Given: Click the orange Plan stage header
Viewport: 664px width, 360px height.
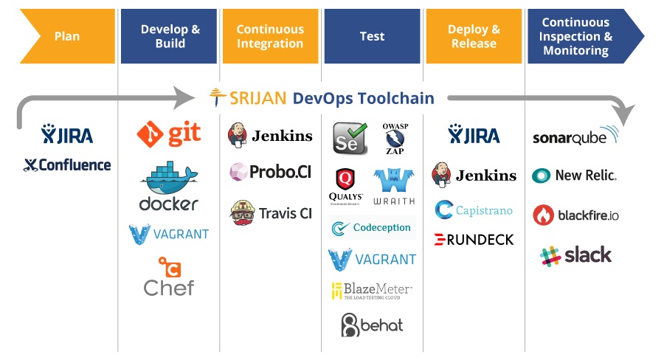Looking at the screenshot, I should coord(66,36).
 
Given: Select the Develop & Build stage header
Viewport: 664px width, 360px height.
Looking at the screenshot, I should coord(170,36).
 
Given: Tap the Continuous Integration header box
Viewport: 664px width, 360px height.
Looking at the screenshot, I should coord(270,36).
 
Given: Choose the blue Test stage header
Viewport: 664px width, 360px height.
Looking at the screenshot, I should coord(372,36).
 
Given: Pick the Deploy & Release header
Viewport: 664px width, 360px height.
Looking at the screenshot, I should coord(474,36).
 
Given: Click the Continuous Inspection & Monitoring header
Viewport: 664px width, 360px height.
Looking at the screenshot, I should coord(579,36).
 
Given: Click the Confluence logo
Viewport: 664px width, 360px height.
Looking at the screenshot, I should coord(67,165).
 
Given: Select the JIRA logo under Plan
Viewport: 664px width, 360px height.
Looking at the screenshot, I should coord(67,135).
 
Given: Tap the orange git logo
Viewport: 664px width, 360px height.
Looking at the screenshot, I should coord(169,134).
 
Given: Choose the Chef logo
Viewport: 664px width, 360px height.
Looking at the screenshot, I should coord(169,277).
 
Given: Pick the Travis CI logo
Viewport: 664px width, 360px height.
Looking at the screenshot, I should coord(270,212).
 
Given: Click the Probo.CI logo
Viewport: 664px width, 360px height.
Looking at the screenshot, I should coord(270,173).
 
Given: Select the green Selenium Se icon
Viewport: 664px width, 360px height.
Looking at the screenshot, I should coord(349,138).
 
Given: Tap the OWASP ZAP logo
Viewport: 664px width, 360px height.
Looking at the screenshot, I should coord(392,137).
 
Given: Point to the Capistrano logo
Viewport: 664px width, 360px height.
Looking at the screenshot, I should coord(474,210).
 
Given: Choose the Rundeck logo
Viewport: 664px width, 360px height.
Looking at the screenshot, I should coord(474,239).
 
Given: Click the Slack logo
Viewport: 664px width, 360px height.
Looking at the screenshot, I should coord(576,255).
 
